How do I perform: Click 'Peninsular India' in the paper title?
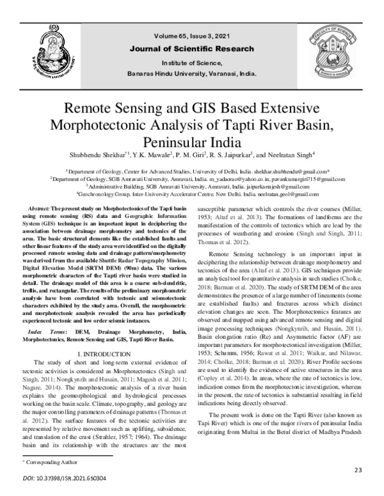click(x=191, y=140)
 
